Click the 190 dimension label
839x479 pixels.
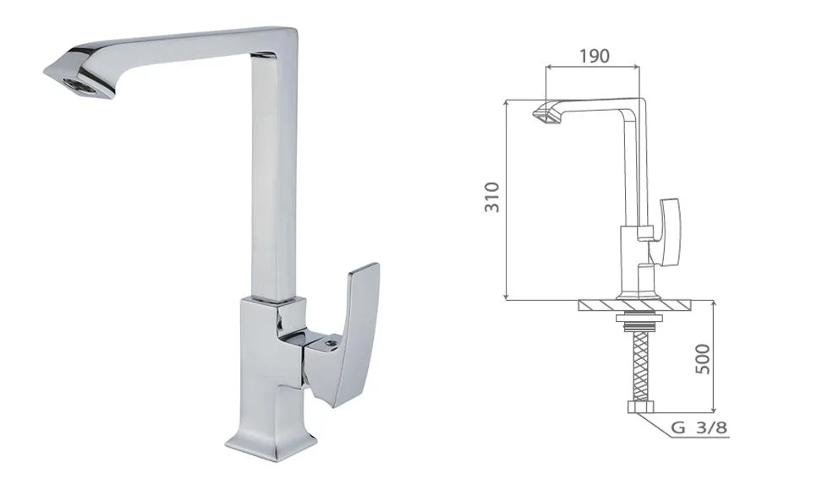tap(594, 56)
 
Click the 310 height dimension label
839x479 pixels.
tap(492, 198)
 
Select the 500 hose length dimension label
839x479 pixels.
tap(702, 359)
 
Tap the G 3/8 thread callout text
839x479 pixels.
tap(699, 427)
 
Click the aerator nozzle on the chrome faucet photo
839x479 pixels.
tap(80, 86)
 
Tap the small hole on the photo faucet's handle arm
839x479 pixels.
tap(332, 340)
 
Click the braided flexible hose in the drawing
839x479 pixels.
tap(640, 367)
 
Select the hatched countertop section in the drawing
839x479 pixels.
tap(635, 306)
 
